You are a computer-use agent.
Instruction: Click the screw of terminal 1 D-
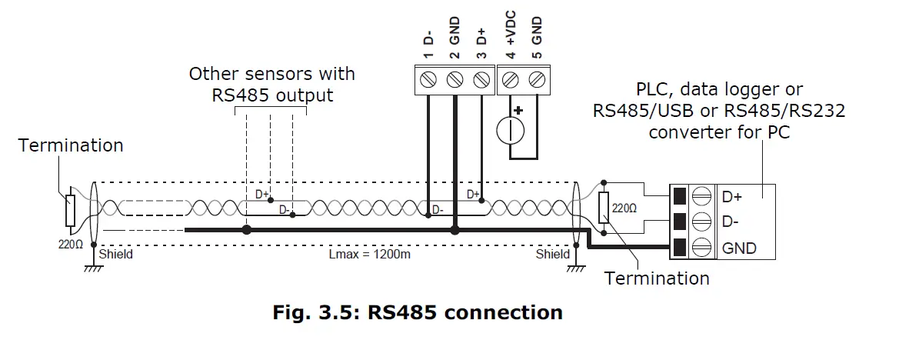click(x=428, y=79)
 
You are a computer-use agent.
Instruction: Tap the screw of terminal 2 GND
click(x=454, y=79)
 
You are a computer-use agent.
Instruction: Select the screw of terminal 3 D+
click(x=481, y=79)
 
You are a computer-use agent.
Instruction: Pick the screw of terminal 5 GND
click(x=538, y=79)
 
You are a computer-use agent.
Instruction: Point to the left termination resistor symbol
click(x=71, y=210)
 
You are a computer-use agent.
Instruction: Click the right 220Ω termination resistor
click(x=604, y=206)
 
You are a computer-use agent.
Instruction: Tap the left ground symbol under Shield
click(x=94, y=266)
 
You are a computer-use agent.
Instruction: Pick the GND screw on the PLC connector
click(x=701, y=248)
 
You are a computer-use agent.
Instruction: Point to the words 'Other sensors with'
click(x=272, y=74)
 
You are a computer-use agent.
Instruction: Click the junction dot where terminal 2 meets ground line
click(x=454, y=229)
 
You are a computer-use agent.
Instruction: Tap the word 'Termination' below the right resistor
click(x=657, y=278)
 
